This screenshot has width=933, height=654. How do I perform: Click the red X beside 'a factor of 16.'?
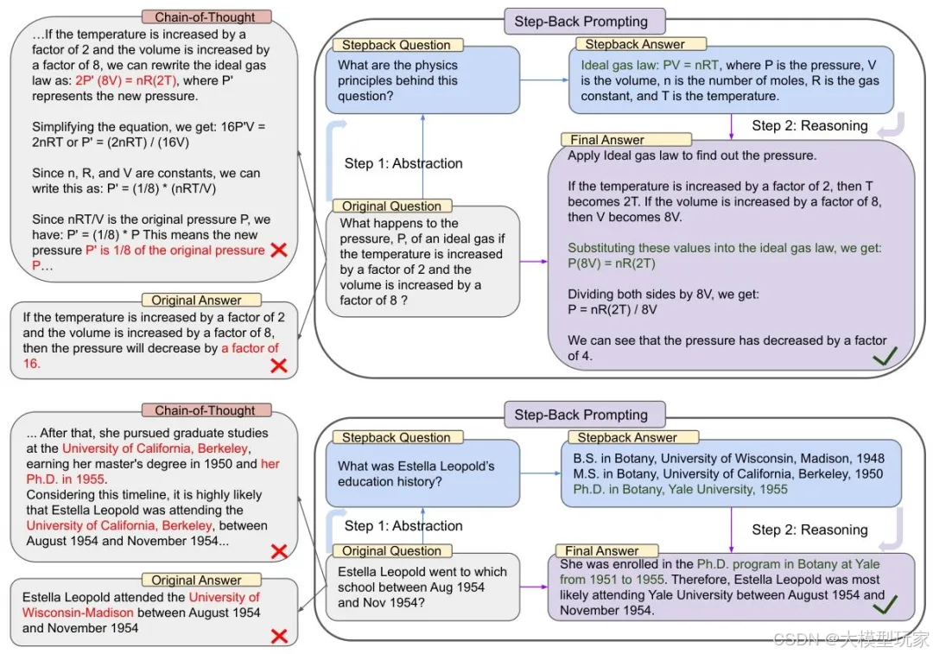278,365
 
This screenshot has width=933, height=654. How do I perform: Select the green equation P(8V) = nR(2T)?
612,264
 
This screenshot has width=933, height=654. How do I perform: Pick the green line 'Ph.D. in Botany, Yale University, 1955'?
674,489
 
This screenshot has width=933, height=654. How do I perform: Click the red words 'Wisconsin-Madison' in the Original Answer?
79,613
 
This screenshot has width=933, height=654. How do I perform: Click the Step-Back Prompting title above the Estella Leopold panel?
581,415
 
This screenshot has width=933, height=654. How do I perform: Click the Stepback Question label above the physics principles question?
396,45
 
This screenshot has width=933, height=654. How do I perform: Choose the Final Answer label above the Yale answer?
601,550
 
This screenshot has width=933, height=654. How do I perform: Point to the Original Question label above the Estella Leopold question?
391,550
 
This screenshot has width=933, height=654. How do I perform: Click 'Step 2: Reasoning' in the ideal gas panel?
809,126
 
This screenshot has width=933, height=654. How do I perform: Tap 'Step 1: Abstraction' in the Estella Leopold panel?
403,526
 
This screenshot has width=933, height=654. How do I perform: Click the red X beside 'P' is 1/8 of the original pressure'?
278,251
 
